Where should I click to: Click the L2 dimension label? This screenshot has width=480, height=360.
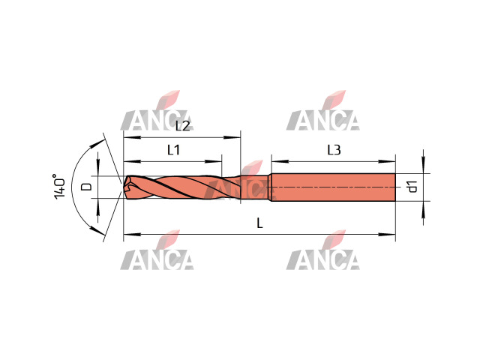coord(183,126)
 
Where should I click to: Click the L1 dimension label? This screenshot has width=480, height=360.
coord(173,150)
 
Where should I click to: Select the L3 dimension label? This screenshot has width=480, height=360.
coord(334,150)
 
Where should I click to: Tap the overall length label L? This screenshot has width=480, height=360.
coord(259,223)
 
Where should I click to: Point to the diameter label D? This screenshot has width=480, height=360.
coord(87,187)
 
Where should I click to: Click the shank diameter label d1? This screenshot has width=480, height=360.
coord(413,187)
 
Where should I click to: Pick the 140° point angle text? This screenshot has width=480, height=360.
coord(59,187)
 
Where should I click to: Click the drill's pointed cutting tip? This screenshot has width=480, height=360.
coord(124,187)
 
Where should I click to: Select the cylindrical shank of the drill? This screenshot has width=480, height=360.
coord(333,187)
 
